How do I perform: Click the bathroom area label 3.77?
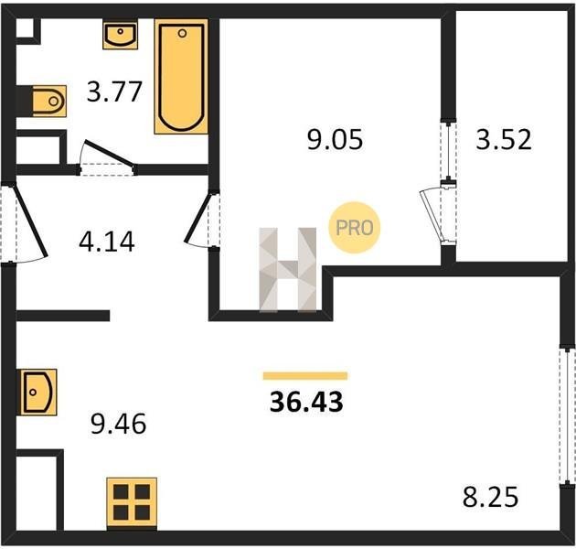pyautogui.click(x=114, y=91)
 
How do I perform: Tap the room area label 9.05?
pyautogui.click(x=335, y=140)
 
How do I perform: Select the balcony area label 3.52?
pyautogui.click(x=504, y=139)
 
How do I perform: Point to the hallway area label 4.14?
pyautogui.click(x=107, y=242)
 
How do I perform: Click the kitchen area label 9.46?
pyautogui.click(x=118, y=424)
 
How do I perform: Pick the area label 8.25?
pyautogui.click(x=490, y=497)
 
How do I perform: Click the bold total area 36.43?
pyautogui.click(x=306, y=402)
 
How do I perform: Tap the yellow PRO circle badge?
pyautogui.click(x=355, y=228)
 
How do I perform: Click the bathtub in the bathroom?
pyautogui.click(x=181, y=77)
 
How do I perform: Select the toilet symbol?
pyautogui.click(x=49, y=102)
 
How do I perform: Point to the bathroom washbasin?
pyautogui.click(x=120, y=36)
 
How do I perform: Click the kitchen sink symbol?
pyautogui.click(x=38, y=392)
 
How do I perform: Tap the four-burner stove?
pyautogui.click(x=132, y=502)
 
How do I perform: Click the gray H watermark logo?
pyautogui.click(x=288, y=270)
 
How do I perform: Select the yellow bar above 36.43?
pyautogui.click(x=305, y=376)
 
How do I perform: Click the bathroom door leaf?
pyautogui.click(x=110, y=154)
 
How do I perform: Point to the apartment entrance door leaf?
pyautogui.click(x=30, y=221)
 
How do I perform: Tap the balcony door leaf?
pyautogui.click(x=432, y=215)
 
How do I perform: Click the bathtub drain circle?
pyautogui.click(x=182, y=34)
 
